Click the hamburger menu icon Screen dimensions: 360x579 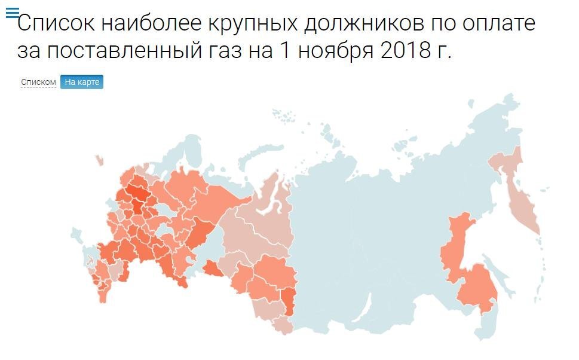(12, 13)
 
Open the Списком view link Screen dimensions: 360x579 (38, 83)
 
